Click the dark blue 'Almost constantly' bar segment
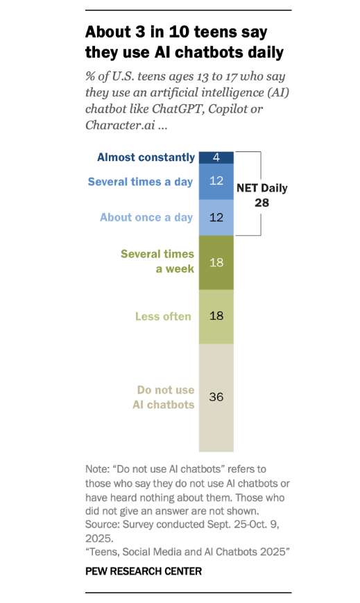point(216,157)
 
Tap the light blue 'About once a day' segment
point(216,217)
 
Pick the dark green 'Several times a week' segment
point(216,262)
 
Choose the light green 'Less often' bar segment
point(216,316)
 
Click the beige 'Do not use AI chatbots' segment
point(216,397)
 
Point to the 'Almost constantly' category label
point(144,157)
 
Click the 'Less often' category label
point(163,316)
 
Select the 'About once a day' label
point(146,217)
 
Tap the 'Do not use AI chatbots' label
point(164,397)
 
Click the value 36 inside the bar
point(216,397)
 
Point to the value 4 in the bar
point(216,157)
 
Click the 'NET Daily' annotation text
point(262,188)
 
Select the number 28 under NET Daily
point(262,202)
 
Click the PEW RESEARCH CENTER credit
point(144,571)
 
